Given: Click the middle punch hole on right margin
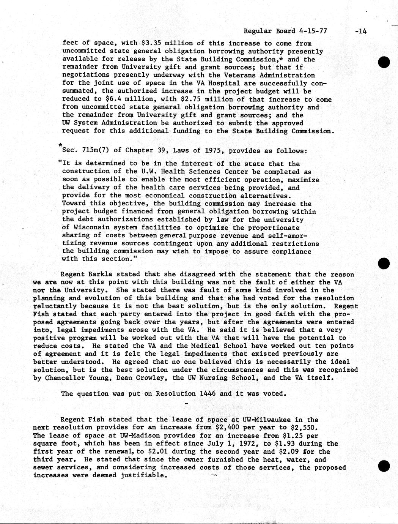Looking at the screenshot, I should [384, 263].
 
